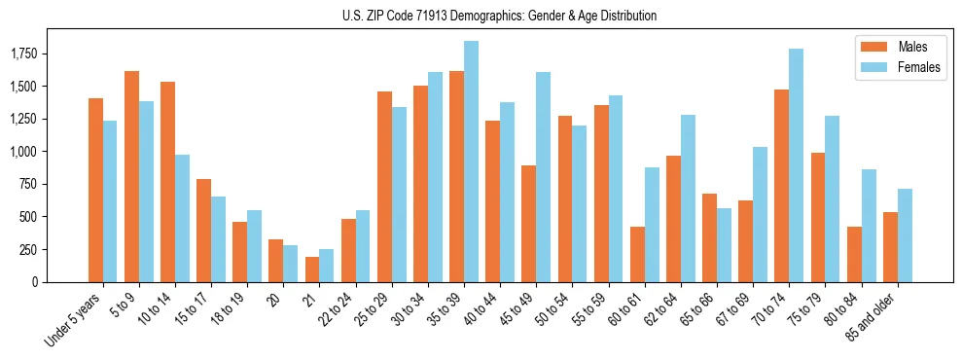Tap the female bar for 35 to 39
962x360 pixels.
pyautogui.click(x=471, y=162)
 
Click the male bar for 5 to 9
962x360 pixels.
pyautogui.click(x=131, y=176)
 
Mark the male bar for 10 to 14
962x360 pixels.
pyautogui.click(x=167, y=182)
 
